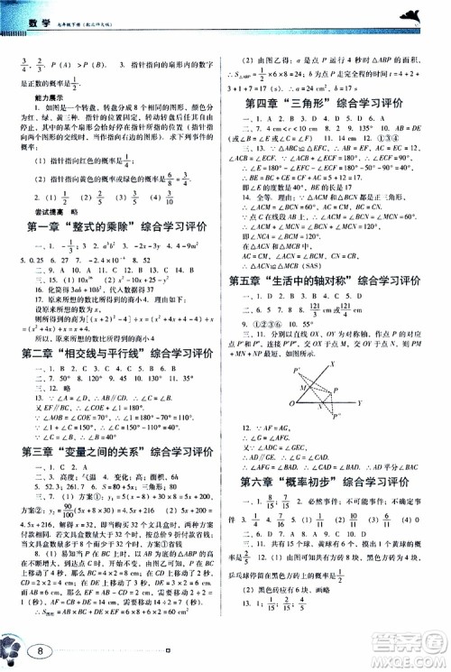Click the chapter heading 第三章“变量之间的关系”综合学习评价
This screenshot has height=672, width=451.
pos(117,446)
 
